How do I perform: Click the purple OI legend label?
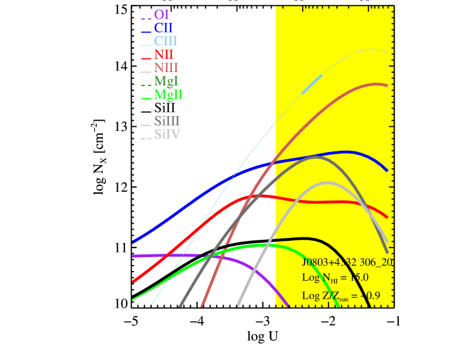pos(162,14)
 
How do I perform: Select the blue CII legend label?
pos(163,28)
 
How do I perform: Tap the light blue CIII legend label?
pos(166,41)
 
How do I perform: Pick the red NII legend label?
pos(164,55)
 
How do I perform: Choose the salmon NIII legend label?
pos(166,68)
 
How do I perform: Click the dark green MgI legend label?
pos(166,81)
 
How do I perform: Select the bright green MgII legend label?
pos(169,94)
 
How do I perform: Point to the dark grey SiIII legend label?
pos(167,121)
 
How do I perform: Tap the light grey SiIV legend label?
pos(167,135)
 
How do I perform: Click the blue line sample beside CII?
pos(145,31)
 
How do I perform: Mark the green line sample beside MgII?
pos(145,98)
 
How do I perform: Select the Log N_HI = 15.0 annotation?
pos(335,278)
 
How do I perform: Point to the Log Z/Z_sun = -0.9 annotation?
pos(341,296)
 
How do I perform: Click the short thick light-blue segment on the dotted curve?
pos(312,84)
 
